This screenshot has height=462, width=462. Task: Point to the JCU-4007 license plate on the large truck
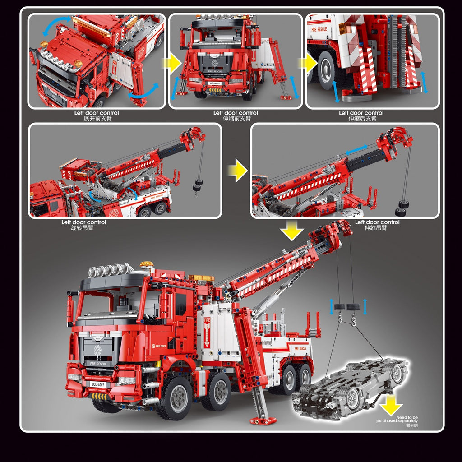97,384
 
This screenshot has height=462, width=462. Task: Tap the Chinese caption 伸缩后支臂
362,119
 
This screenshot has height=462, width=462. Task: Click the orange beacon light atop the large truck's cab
146,265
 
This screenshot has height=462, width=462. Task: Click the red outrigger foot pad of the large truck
263,421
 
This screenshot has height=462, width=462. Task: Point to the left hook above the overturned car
341,320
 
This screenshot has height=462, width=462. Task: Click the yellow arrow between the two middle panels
237,171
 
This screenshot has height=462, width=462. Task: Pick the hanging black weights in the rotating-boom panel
197,185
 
